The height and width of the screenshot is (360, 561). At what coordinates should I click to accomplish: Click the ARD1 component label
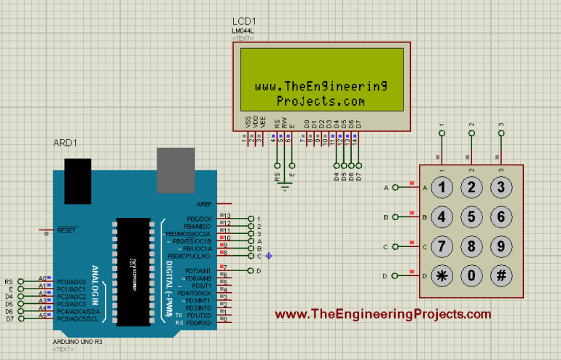coord(66,143)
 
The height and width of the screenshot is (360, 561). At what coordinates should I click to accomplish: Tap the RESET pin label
coord(66,230)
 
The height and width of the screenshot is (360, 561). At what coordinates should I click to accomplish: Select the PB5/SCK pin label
coord(199,219)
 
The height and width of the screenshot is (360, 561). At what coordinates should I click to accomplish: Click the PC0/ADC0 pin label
coord(71,281)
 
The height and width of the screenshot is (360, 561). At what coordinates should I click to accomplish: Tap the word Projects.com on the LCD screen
coord(321,101)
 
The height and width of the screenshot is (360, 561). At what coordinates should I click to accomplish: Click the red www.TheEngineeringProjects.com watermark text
coord(383,314)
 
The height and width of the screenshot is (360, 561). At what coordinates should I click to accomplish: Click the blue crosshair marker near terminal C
coord(269,256)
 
